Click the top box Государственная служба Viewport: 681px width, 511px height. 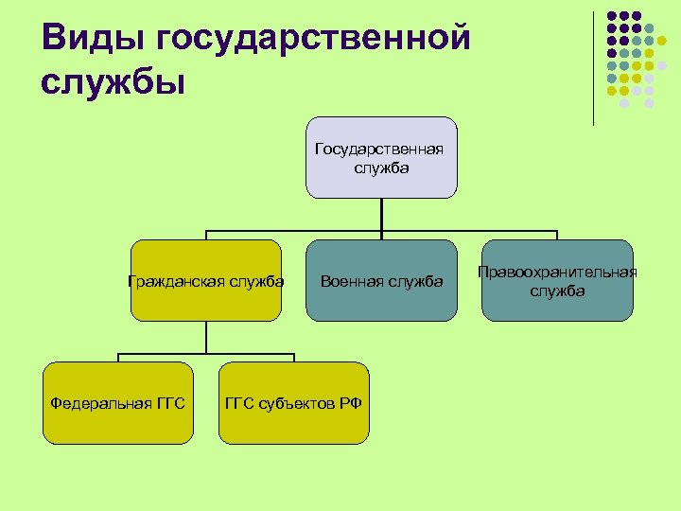click(x=381, y=157)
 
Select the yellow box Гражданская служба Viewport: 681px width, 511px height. click(x=206, y=281)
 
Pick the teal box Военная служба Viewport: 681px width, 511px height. click(x=381, y=281)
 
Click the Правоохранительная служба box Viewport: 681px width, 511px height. click(x=557, y=281)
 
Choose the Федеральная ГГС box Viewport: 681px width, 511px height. click(x=117, y=403)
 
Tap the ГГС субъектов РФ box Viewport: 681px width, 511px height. click(x=293, y=403)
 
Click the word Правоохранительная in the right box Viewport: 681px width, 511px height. click(x=557, y=273)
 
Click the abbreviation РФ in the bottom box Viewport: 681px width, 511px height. click(x=351, y=404)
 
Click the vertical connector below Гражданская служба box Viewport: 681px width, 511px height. click(x=206, y=338)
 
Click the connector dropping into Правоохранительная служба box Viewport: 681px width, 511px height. click(x=557, y=235)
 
